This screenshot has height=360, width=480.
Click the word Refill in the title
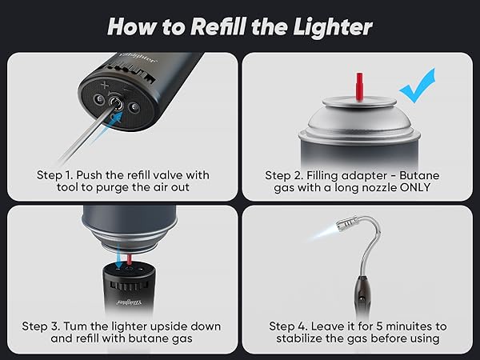tap(218, 26)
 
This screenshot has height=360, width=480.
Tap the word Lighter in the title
tap(333, 27)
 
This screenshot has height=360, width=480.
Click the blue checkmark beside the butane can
tap(418, 86)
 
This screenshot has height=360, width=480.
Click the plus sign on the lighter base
tap(105, 85)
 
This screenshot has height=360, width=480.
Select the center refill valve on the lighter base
tap(116, 103)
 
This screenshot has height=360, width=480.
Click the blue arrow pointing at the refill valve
tap(108, 125)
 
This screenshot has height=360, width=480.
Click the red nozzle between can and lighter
tap(130, 259)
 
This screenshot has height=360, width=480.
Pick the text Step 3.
tap(41, 326)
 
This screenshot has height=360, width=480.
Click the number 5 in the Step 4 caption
tap(379, 326)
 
